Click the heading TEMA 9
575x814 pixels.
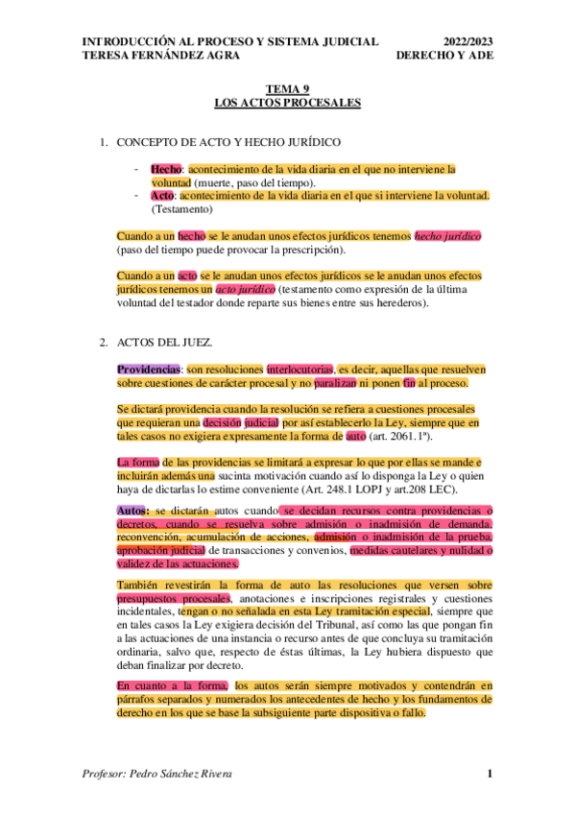[287, 88]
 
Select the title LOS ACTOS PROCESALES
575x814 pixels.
[287, 101]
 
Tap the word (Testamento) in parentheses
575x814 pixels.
[182, 209]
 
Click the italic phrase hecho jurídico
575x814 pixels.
[448, 235]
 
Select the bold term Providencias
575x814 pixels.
[148, 369]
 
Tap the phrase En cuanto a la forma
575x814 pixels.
[172, 685]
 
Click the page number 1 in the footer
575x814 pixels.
[489, 774]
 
